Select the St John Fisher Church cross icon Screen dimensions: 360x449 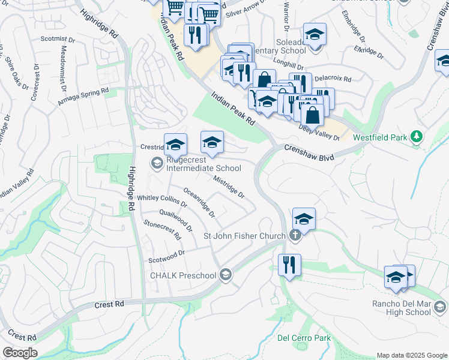294,235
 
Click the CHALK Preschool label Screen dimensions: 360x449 182,275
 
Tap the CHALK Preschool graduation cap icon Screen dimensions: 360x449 226,275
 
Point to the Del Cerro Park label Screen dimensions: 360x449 304,338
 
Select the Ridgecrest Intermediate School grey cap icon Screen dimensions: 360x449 157,163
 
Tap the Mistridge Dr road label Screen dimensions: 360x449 229,187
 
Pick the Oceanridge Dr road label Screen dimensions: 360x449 199,203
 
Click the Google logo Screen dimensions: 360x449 20,353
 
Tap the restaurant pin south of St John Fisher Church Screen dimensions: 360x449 290,264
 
